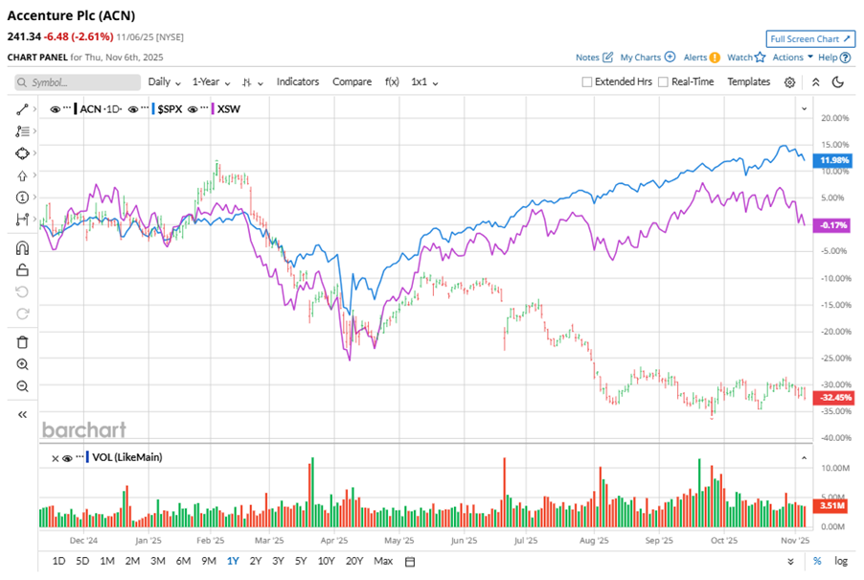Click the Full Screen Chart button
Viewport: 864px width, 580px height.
click(810, 39)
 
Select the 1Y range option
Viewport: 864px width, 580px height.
click(233, 561)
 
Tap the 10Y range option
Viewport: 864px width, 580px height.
click(326, 561)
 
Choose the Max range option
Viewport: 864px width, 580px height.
click(383, 561)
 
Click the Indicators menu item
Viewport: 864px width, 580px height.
click(298, 81)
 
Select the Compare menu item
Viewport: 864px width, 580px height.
click(352, 81)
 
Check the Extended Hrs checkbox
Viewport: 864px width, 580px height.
click(587, 82)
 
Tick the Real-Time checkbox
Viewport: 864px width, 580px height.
click(664, 82)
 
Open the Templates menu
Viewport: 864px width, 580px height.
click(748, 81)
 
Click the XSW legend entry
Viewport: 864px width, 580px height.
click(228, 109)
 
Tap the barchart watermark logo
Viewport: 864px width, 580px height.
click(83, 429)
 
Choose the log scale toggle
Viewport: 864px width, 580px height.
click(841, 561)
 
